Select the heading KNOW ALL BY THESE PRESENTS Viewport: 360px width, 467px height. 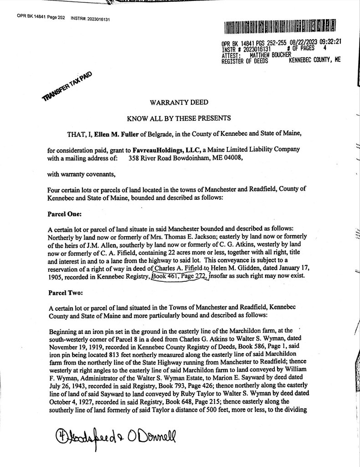coord(179,118)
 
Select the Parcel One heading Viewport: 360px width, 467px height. coord(63,213)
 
